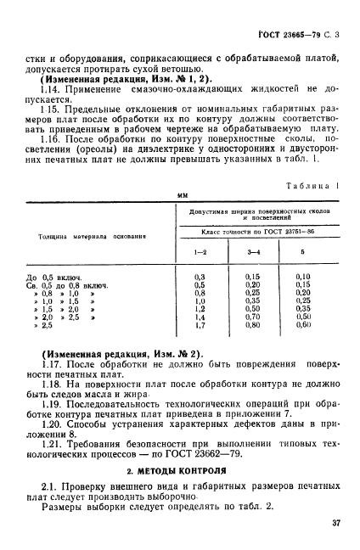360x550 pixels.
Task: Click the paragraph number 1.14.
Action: point(42,88)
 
